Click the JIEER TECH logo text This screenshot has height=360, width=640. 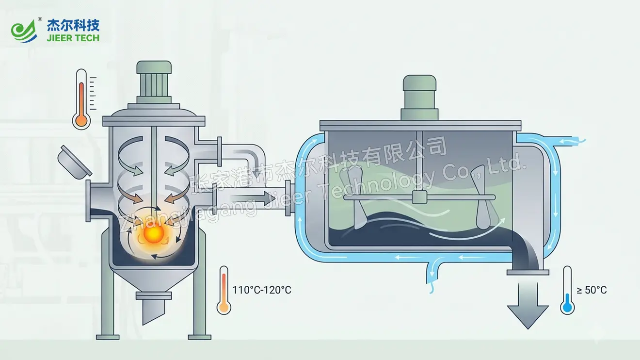73,38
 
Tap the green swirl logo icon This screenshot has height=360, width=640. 24,32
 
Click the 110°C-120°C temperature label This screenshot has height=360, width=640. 262,290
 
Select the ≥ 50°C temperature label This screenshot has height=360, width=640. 592,290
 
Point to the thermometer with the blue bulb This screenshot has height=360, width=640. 567,290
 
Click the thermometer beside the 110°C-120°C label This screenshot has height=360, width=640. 224,290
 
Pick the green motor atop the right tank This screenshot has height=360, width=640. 419,97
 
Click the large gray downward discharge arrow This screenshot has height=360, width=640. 528,305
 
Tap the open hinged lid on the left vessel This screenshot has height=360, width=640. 74,162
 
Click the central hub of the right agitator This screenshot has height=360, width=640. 419,197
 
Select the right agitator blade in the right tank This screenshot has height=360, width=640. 483,197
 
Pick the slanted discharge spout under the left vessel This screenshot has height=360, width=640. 153,308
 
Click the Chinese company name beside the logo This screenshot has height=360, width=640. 73,25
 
